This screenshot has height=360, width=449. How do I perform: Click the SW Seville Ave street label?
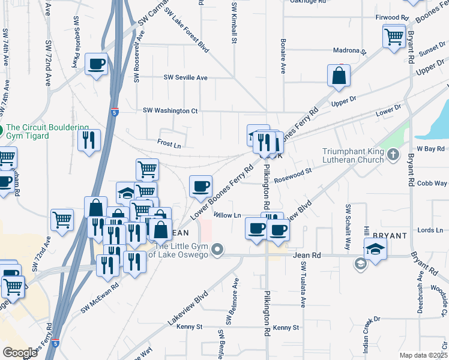point(185,77)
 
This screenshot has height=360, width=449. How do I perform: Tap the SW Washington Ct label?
point(170,110)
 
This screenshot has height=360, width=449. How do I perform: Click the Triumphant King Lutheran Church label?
point(353,155)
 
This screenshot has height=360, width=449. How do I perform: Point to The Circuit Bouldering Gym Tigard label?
point(47,131)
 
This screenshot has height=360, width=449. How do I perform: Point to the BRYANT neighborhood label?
point(390,236)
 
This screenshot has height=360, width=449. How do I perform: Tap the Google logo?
point(20,352)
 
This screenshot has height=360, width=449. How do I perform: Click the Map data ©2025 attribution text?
point(423,354)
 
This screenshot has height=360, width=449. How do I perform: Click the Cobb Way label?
point(432,183)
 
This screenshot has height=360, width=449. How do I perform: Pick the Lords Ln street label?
point(430,230)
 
